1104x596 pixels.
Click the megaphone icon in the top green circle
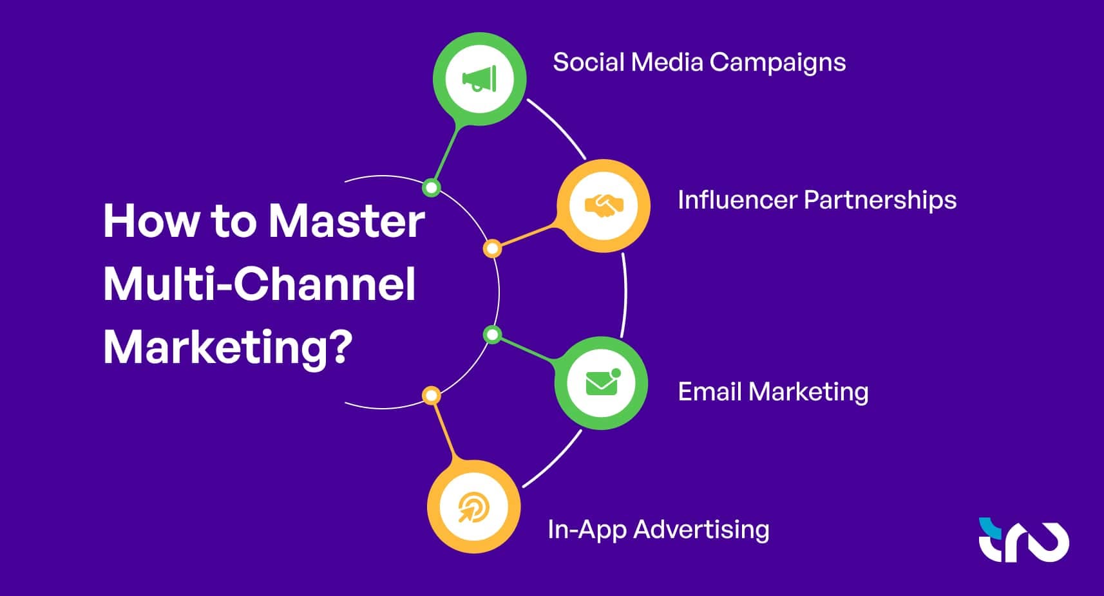coord(480,79)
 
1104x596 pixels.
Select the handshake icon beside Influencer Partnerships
coord(604,205)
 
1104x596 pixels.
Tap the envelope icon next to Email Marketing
coord(602,382)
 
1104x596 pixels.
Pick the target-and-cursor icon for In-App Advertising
coord(473,507)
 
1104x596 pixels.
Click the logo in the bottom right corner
coord(1023,540)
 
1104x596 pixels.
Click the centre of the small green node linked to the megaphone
coord(432,188)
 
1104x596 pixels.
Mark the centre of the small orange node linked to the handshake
coord(492,248)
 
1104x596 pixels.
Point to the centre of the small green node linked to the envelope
coord(492,335)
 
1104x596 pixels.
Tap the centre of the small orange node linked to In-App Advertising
coord(432,395)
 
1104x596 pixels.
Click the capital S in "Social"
coord(560,62)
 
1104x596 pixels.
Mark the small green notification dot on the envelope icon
coord(616,373)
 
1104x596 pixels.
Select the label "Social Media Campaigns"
coord(700,63)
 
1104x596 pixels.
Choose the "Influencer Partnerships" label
coord(817,200)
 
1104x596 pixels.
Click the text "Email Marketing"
coord(774,393)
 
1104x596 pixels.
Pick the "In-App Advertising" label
coord(658,530)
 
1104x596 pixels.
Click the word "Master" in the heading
coord(347,221)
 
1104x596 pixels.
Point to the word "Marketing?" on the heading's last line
coord(228,348)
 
